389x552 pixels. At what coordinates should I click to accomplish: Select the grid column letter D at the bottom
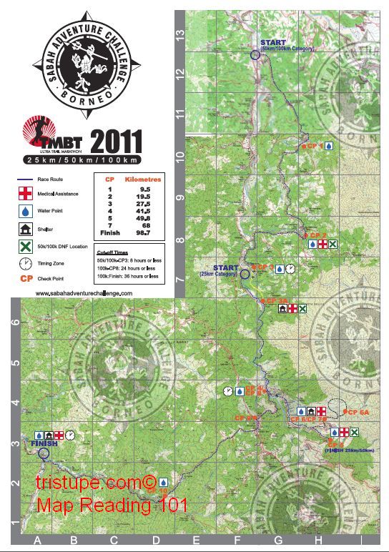(154, 542)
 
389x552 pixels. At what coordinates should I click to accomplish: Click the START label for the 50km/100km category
(272, 43)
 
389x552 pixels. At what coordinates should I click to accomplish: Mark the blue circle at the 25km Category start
(245, 273)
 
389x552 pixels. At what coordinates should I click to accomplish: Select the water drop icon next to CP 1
(329, 145)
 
